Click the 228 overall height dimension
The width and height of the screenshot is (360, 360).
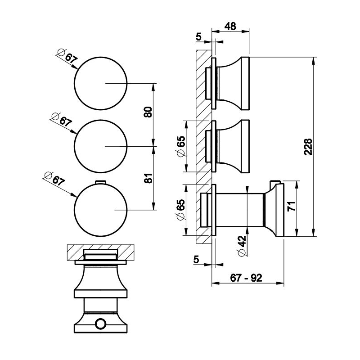point(308,147)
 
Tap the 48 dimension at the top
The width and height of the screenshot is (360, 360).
point(230,27)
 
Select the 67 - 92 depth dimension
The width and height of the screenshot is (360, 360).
point(246,278)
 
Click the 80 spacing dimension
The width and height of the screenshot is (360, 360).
point(148,112)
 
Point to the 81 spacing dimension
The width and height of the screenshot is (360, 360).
point(148,178)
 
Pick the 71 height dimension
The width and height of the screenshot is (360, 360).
point(292,206)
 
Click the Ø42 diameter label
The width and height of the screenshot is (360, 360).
point(242,245)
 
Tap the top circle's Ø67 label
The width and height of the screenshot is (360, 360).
point(67,56)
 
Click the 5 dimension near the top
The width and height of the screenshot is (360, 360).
point(199,37)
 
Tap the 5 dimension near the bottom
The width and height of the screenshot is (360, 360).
point(196,260)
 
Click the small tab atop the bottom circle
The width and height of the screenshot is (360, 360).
point(100,182)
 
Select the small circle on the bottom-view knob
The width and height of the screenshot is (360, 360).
point(100,324)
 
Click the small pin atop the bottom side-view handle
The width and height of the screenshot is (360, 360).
point(274,183)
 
